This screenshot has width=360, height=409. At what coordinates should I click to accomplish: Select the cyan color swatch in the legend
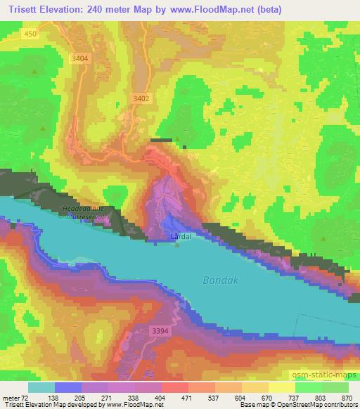coord(41,387)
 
